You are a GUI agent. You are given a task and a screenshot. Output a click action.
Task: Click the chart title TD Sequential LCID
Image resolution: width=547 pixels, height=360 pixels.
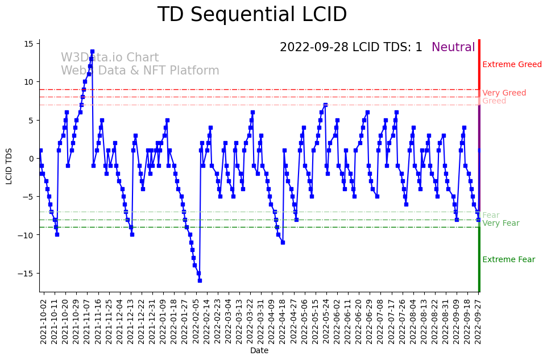252,15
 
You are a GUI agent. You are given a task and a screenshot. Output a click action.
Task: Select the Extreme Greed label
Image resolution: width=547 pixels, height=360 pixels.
512,65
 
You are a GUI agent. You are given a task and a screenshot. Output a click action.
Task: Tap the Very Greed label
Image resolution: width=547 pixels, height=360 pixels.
504,93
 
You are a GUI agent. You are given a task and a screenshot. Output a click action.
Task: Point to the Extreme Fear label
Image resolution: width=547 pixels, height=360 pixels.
508,260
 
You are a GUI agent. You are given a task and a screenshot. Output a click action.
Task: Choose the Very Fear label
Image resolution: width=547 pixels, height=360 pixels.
500,224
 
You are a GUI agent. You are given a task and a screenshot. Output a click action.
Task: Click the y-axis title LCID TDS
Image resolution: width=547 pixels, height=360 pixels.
9,165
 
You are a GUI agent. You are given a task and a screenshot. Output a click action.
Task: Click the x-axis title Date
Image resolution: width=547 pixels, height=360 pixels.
259,351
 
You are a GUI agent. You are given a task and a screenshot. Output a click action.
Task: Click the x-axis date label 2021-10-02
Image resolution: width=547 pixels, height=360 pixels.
43,321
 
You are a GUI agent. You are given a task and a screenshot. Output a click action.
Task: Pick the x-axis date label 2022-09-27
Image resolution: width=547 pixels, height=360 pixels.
479,321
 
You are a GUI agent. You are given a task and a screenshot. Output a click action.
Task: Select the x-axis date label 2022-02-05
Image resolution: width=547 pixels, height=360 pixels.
196,321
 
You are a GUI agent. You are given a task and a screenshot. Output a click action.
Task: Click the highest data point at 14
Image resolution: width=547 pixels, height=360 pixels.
92,51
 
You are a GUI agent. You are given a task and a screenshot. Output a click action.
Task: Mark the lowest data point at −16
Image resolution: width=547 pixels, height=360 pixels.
200,280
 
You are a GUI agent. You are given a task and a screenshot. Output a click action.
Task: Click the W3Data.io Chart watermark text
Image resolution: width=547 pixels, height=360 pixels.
110,57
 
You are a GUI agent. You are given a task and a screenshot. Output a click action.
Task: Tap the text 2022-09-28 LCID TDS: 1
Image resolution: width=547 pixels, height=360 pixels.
351,47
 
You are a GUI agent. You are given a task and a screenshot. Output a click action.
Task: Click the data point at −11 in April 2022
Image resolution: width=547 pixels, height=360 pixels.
283,242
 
